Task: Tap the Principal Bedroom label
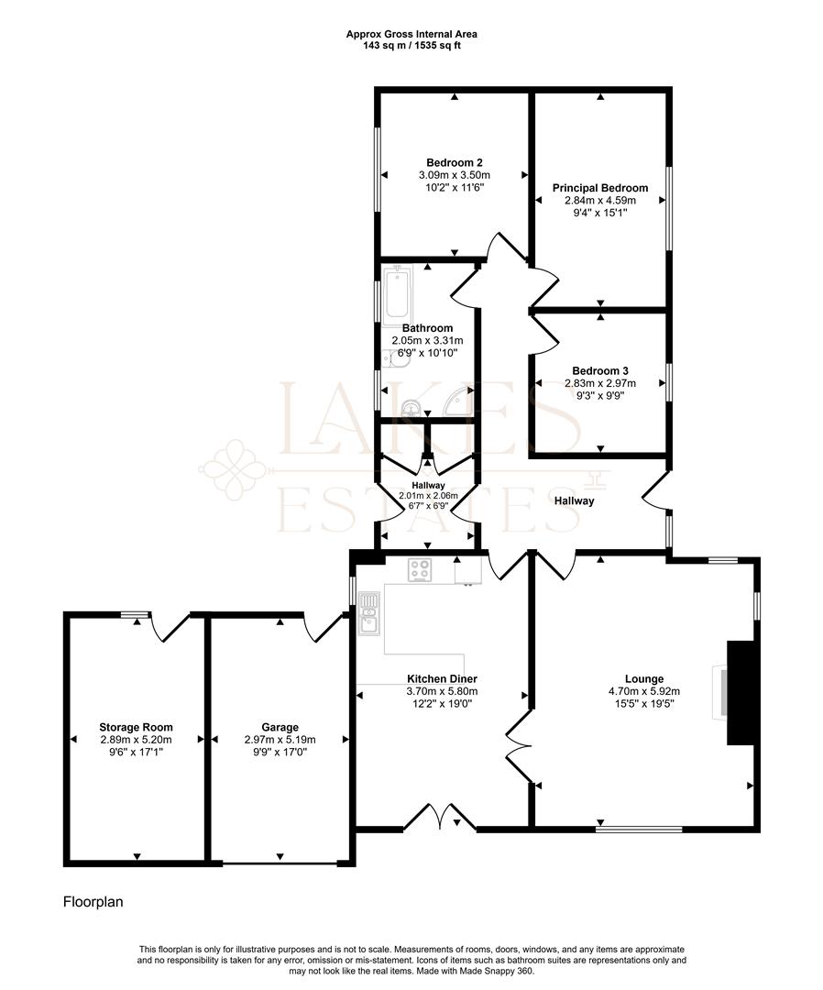tap(600, 188)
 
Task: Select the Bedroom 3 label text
tap(600, 371)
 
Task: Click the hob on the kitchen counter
tap(421, 570)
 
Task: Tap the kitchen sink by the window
tap(369, 614)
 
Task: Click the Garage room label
tap(279, 727)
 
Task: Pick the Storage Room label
tap(136, 727)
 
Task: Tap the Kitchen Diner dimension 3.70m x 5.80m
tap(443, 692)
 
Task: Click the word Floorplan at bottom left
tap(93, 902)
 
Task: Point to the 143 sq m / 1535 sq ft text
tap(411, 45)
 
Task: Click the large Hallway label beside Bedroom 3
tap(574, 500)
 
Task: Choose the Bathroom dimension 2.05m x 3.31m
tap(427, 340)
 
